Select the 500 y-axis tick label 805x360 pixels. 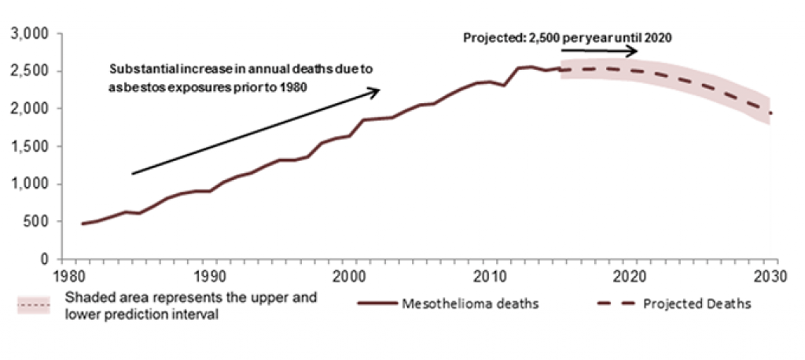click(38, 222)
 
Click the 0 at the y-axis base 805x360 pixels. click(46, 259)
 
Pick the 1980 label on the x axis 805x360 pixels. click(68, 277)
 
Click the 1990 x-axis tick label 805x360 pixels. click(209, 277)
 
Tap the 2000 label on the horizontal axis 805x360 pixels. click(350, 277)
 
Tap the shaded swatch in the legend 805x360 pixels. click(34, 304)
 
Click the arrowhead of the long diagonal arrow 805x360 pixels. click(376, 91)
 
